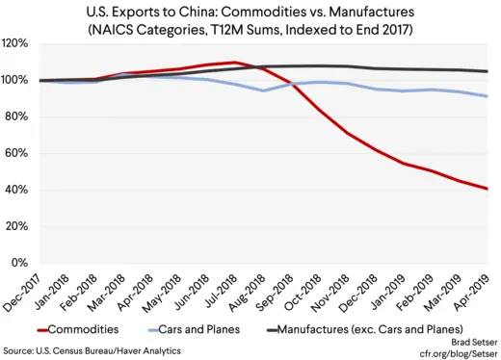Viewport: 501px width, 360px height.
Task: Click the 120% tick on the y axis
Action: click(15, 44)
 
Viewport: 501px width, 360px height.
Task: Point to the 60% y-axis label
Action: click(15, 154)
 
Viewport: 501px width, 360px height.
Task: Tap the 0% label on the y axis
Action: click(18, 264)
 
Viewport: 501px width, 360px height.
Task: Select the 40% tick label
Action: click(15, 191)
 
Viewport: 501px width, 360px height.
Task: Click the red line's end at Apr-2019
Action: click(487, 189)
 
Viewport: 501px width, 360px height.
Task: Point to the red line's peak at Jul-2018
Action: click(236, 63)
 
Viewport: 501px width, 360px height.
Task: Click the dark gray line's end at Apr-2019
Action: click(487, 71)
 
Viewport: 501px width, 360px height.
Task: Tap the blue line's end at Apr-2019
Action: click(487, 96)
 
